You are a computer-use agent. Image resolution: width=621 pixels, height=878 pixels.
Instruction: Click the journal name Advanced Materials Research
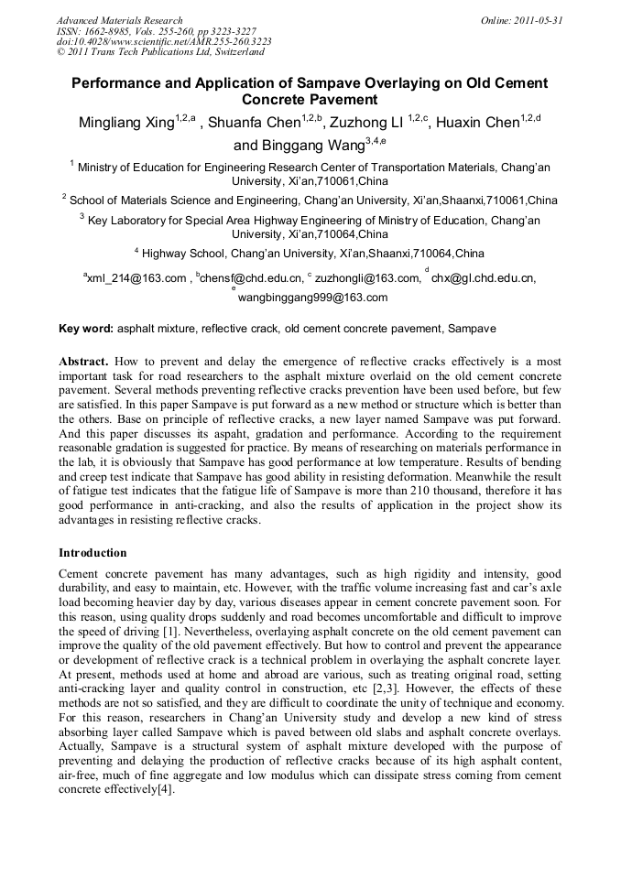(119, 20)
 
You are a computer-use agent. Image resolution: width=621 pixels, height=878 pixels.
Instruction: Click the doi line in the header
(163, 42)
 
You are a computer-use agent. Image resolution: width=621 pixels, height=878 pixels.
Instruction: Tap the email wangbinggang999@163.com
(312, 298)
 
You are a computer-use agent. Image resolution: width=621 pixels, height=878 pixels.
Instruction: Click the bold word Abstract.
(85, 362)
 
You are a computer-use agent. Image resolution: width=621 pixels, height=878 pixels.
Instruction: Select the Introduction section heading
(93, 553)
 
